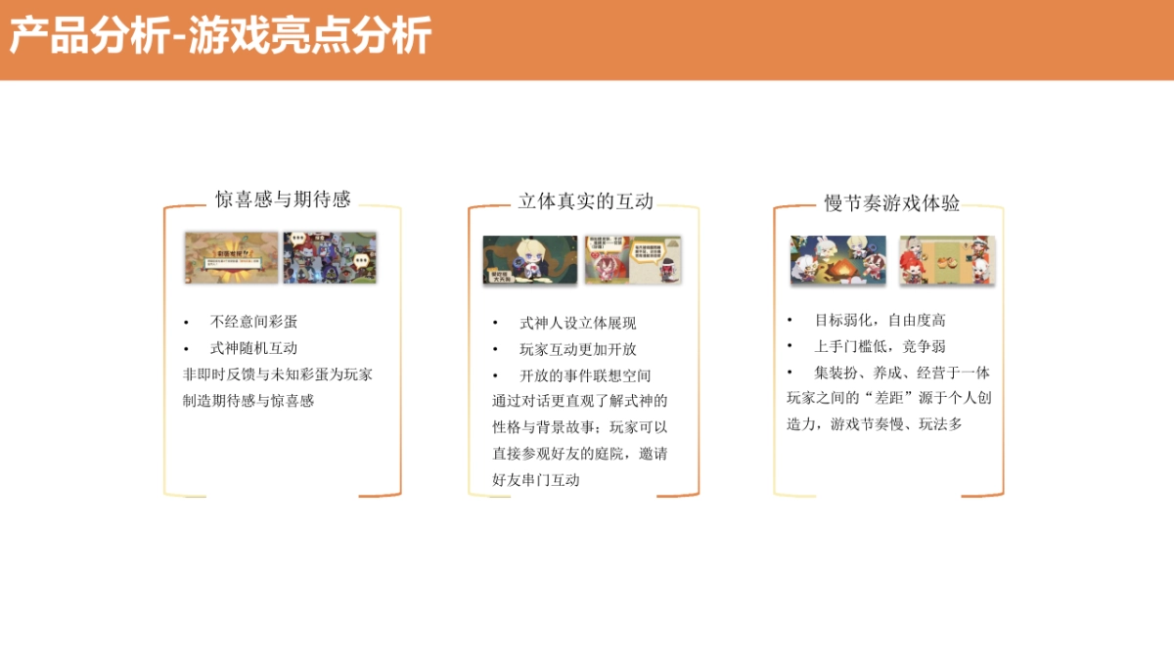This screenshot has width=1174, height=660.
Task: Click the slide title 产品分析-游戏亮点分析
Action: click(220, 38)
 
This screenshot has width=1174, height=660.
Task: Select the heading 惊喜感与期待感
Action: click(283, 199)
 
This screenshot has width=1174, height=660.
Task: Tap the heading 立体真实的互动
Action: click(585, 201)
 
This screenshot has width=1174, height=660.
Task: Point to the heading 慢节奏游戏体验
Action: click(891, 203)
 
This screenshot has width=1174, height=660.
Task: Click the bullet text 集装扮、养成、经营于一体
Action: click(901, 373)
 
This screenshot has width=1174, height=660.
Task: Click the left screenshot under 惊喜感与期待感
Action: click(231, 258)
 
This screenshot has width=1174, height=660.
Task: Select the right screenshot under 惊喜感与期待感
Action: click(330, 258)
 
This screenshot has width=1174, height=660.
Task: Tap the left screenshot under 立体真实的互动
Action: click(530, 260)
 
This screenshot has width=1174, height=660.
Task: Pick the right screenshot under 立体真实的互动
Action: click(632, 260)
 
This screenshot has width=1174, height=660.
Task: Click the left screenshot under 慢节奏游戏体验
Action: click(838, 260)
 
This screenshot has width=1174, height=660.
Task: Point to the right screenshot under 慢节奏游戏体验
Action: click(946, 260)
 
